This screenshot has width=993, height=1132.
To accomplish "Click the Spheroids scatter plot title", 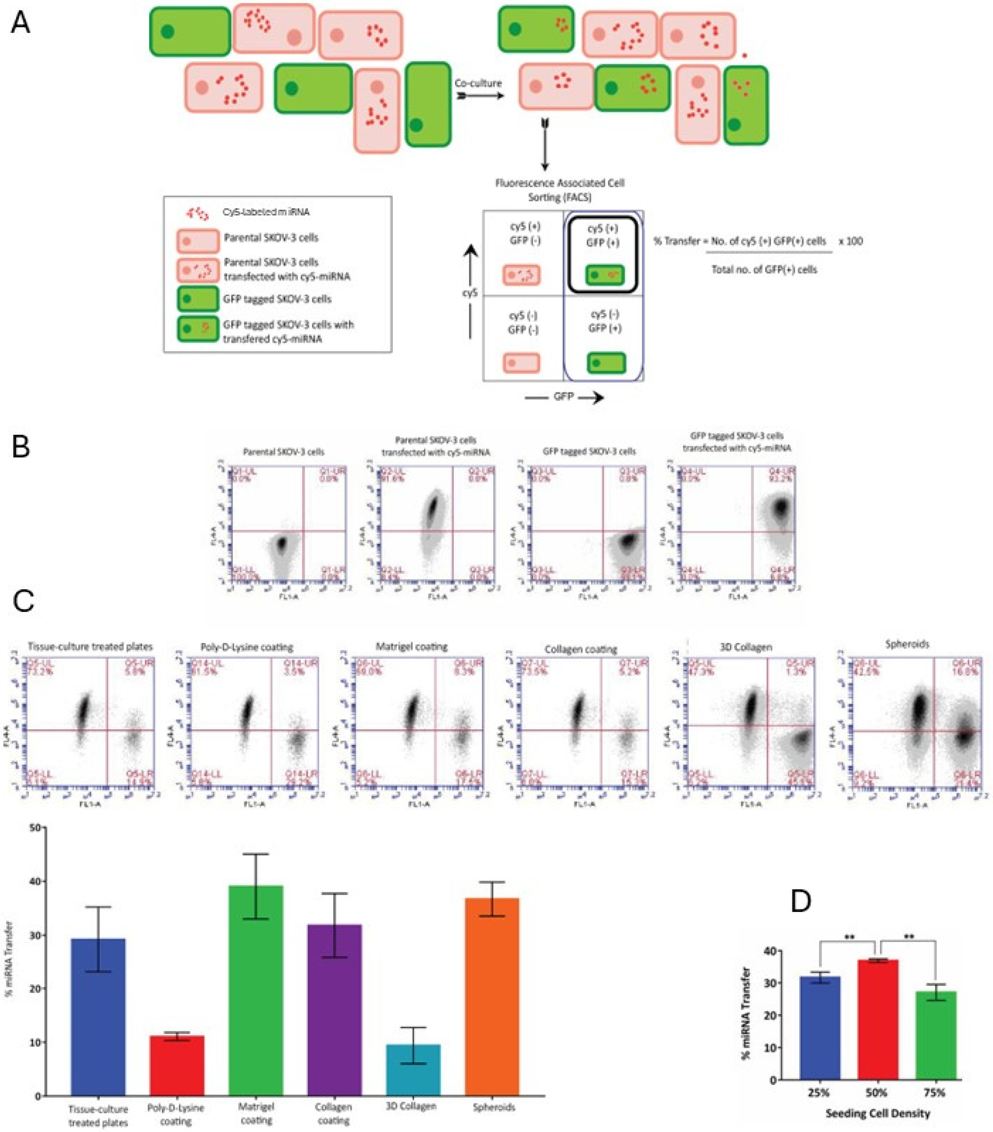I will point(907,644).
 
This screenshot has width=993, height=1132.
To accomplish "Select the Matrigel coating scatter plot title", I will point(411,646).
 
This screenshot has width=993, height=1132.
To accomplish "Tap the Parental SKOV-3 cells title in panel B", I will point(284,452).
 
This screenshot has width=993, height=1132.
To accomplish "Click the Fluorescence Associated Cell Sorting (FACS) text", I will point(559,189).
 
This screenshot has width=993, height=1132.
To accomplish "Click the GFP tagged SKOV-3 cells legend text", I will point(277,299).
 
